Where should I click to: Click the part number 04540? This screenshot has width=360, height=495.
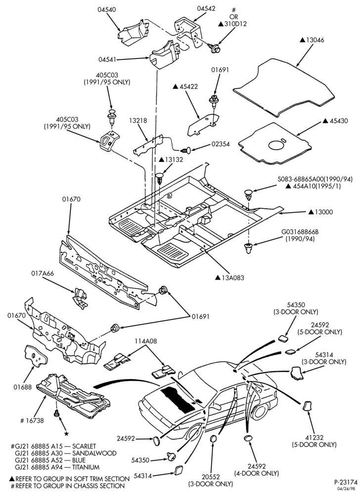pyautogui.click(x=106, y=9)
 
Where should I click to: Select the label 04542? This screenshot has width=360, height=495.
pyautogui.click(x=206, y=9)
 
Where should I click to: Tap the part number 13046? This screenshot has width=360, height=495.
pyautogui.click(x=315, y=41)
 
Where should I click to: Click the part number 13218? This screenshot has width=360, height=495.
pyautogui.click(x=138, y=121)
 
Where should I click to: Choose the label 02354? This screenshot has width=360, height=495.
pyautogui.click(x=221, y=144)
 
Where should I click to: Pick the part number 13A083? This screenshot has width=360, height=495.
pyautogui.click(x=232, y=278)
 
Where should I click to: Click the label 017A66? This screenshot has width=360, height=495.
pyautogui.click(x=42, y=273)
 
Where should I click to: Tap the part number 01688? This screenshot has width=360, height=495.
pyautogui.click(x=22, y=387)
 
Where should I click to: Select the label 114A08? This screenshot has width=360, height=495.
pyautogui.click(x=146, y=341)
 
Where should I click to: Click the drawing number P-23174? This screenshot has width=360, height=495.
pyautogui.click(x=346, y=483)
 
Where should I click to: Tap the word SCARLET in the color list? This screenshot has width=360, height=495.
pyautogui.click(x=84, y=446)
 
